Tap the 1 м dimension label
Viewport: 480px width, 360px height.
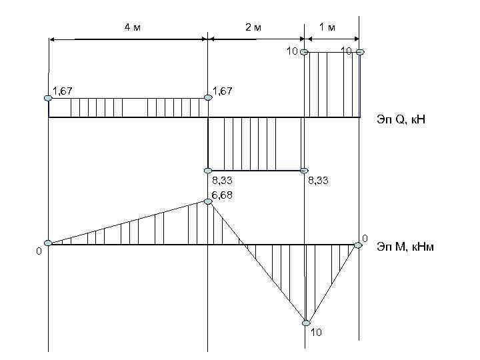[327, 27]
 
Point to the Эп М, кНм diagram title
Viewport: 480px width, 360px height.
[406, 245]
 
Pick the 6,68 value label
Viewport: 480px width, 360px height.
[222, 195]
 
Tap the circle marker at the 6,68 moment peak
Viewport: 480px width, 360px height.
[208, 201]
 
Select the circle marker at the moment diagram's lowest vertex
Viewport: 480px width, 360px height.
[305, 323]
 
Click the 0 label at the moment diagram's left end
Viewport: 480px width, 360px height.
[39, 252]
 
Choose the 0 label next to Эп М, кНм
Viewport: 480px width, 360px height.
[365, 237]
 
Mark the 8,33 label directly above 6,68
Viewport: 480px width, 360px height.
[222, 181]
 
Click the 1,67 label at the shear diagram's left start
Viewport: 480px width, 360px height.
[62, 90]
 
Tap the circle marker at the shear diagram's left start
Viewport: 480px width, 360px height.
[48, 98]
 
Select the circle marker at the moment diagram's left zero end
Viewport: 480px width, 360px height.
[48, 243]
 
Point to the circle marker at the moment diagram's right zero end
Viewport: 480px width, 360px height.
[358, 245]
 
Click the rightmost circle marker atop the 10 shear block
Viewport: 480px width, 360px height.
[360, 52]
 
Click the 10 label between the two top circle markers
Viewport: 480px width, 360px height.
[345, 51]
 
